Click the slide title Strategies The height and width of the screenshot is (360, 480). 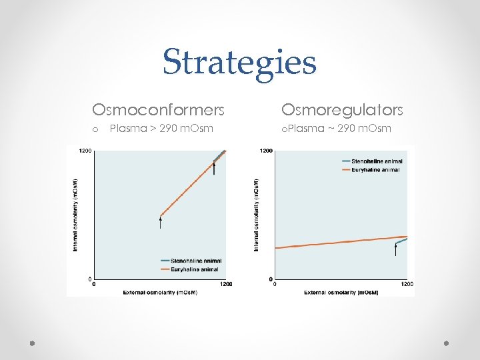pos(239,62)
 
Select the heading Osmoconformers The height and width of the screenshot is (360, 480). pos(158,109)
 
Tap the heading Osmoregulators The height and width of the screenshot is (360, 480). pos(342,109)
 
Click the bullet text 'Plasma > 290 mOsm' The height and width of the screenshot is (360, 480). pos(161,128)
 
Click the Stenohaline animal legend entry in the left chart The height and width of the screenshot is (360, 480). pos(191,260)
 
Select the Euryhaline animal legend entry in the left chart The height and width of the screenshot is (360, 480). pos(190,269)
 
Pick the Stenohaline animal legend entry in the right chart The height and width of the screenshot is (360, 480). pos(371,161)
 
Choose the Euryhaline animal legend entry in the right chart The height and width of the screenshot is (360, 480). pos(371,170)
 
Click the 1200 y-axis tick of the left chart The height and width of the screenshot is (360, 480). pos(85,151)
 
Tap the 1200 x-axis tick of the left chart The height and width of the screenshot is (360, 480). pos(226,284)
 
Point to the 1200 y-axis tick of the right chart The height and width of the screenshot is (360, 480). pos(266,151)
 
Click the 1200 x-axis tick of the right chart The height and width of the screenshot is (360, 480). pos(407,284)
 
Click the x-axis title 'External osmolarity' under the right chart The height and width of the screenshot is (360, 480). pos(341,292)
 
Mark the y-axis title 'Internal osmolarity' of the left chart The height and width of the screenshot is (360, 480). pos(75,214)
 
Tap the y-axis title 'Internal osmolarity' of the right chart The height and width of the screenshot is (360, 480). pos(256,214)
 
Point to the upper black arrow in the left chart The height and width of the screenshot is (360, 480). pos(214,169)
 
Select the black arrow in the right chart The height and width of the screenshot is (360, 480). pos(395,250)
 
